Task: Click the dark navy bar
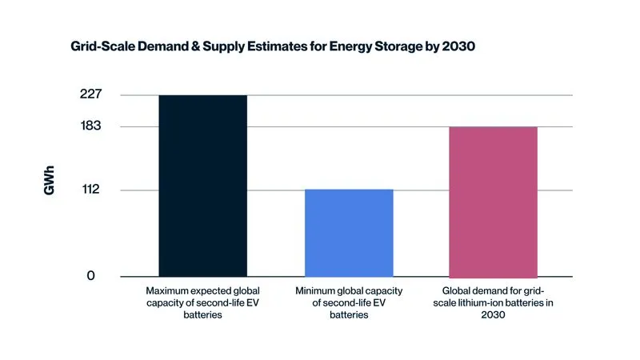[202, 186]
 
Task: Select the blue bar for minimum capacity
[350, 233]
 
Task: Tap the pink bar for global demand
[493, 202]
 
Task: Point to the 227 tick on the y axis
[90, 94]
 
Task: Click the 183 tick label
[90, 126]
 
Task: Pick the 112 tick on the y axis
[90, 190]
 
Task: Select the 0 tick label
[90, 276]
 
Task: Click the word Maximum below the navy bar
[167, 290]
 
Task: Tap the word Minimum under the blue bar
[317, 290]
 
